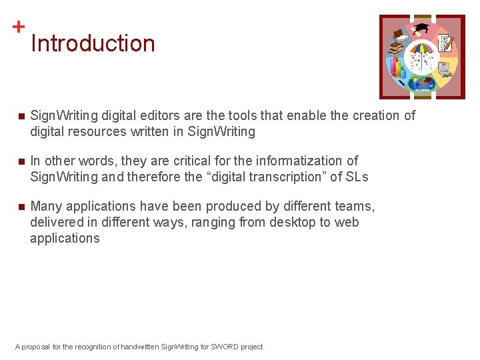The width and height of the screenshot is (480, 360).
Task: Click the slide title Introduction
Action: coord(93,43)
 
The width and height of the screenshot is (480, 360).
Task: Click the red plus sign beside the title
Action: coord(19,27)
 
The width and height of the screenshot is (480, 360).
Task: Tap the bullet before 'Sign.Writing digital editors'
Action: coord(21,117)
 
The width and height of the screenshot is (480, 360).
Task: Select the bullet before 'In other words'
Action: coord(21,162)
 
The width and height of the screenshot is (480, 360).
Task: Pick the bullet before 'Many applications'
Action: coord(21,207)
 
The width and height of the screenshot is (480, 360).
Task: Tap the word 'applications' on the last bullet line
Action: coord(65,239)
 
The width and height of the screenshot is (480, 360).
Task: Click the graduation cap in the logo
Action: coord(422,29)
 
